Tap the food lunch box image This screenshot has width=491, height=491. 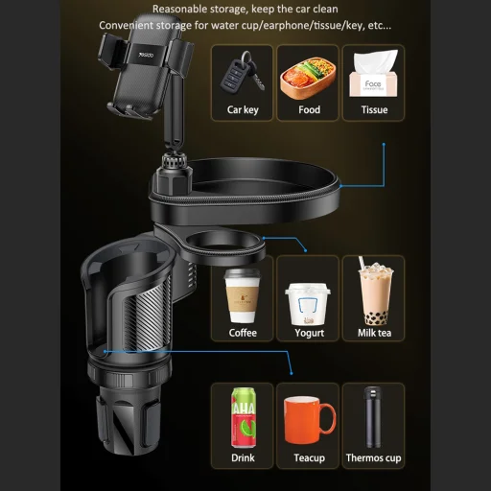pos(308,79)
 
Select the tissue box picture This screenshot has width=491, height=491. pos(374,74)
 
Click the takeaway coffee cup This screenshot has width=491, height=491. pos(243,295)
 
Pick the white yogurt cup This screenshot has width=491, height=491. pos(308,304)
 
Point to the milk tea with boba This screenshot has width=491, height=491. pos(375,291)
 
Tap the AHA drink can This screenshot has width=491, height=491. pos(244,417)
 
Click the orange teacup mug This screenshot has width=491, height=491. pos(310,420)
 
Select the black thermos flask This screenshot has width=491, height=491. pos(372,417)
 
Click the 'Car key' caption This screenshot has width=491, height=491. pos(243,110)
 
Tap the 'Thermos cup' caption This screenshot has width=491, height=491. pos(373,458)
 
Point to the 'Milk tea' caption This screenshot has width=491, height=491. pos(374,333)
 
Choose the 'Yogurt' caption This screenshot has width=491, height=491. pos(309,333)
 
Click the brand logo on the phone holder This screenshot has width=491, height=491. pos(146,55)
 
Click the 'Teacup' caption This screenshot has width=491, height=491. pos(310,458)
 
